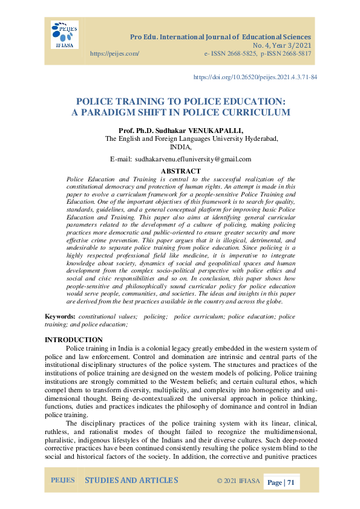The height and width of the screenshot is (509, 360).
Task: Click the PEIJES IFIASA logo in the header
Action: tap(64, 34)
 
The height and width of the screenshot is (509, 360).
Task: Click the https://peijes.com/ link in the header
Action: tap(114, 54)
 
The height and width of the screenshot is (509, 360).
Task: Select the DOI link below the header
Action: tap(255, 77)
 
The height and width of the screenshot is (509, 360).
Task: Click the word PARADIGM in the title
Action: tap(125, 112)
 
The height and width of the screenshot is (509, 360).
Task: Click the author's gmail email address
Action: tap(192, 159)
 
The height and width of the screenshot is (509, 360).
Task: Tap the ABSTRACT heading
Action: tap(180, 171)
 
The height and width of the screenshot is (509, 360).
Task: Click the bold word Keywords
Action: tap(60, 316)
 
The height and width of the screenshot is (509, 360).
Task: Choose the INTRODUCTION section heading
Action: tap(74, 340)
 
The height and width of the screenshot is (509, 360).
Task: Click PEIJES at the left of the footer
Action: tap(62, 481)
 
